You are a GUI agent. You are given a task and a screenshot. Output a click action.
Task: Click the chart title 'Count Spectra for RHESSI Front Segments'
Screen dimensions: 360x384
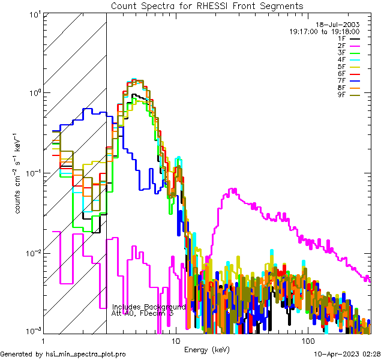[x=207, y=5]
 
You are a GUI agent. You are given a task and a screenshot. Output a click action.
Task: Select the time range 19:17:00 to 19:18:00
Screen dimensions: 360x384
[x=324, y=31]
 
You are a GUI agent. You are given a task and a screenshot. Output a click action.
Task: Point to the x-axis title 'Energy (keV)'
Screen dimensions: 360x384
[x=207, y=350]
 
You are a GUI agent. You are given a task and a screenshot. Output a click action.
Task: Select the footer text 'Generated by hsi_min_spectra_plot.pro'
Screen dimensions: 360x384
[x=64, y=355]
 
